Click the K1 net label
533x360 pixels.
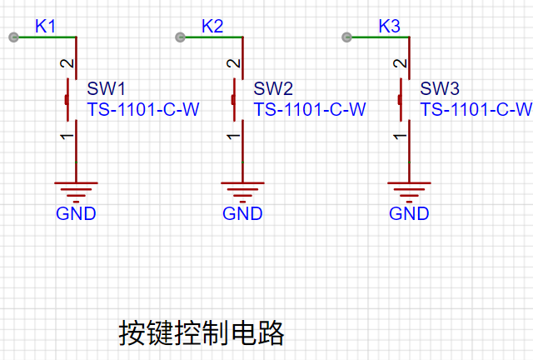click(45, 26)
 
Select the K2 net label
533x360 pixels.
click(212, 26)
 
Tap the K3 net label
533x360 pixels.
click(389, 26)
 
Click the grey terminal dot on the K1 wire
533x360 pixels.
click(13, 37)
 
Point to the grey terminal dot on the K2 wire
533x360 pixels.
click(180, 37)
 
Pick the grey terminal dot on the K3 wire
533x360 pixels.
click(346, 37)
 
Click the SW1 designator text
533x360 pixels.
click(106, 88)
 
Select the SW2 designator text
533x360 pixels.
click(273, 88)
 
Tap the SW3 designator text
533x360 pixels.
click(440, 88)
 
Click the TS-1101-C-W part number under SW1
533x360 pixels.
click(143, 109)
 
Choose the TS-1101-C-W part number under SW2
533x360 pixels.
click(310, 109)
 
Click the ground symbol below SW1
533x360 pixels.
click(76, 192)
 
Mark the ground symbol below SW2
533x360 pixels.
click(242, 192)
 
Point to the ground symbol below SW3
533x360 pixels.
click(409, 192)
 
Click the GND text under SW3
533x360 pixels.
click(409, 213)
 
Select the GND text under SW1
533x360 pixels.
click(76, 213)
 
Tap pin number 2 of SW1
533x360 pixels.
click(67, 63)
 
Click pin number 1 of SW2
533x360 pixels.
click(233, 136)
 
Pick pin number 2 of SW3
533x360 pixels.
click(400, 63)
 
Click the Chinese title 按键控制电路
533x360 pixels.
click(202, 333)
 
